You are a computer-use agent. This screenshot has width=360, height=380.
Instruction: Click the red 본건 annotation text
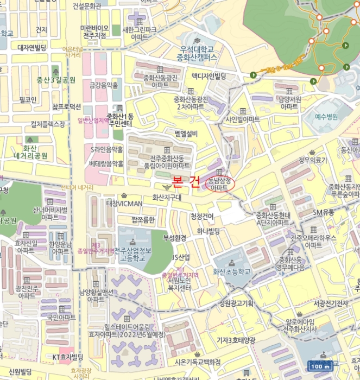coord(185,182)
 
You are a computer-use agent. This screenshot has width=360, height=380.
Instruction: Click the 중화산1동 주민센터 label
coord(119,119)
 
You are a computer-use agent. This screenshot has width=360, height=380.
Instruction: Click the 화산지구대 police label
coord(167,197)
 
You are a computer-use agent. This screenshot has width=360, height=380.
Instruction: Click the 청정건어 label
coord(203,217)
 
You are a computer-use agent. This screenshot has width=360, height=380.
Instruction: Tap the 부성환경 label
coord(175,238)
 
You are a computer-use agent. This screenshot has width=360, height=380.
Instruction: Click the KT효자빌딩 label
coord(68,357)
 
